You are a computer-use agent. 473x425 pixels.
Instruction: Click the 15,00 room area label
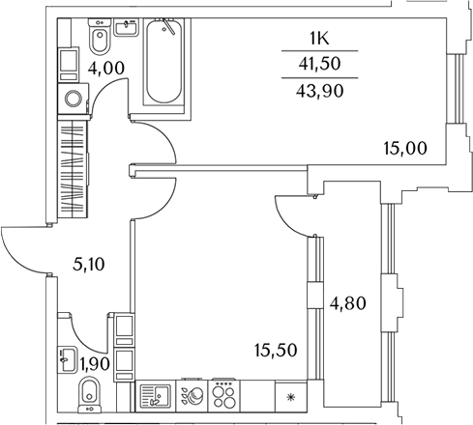(405, 149)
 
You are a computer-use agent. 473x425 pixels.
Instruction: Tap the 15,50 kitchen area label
(276, 350)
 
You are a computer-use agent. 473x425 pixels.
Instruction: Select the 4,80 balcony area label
(347, 303)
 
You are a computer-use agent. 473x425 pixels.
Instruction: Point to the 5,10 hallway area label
(89, 265)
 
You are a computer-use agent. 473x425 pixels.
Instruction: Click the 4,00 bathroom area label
(106, 69)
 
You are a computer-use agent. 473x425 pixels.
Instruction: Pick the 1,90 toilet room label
(95, 364)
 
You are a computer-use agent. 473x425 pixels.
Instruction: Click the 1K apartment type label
(319, 39)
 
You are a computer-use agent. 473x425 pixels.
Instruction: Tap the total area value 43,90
(320, 91)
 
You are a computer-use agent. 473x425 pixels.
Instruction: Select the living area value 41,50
(319, 64)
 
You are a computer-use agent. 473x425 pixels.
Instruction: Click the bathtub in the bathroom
(163, 61)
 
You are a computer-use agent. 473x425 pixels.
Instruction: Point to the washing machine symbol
(74, 99)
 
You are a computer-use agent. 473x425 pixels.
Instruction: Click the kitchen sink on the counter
(156, 396)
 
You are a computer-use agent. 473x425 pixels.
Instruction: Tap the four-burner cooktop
(224, 396)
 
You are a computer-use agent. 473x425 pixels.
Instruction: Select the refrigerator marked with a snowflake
(291, 396)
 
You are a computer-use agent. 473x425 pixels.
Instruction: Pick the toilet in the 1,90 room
(90, 395)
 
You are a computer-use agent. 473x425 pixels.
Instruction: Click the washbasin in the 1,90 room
(68, 359)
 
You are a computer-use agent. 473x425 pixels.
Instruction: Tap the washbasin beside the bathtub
(127, 27)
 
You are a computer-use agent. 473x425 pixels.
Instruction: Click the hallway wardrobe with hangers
(73, 169)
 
